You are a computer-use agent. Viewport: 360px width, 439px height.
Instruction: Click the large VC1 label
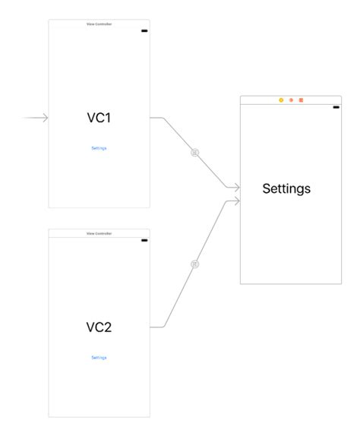99,118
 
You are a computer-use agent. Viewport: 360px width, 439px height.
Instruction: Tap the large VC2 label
99,327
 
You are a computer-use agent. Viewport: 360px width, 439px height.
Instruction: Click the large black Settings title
286,188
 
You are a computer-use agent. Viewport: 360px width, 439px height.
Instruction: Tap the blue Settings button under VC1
99,148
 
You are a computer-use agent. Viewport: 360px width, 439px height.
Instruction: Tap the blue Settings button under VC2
99,357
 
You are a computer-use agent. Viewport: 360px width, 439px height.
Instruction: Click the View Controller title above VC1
99,24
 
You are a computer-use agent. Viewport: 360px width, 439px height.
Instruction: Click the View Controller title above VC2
99,233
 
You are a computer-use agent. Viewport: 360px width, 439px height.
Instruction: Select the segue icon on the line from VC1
195,153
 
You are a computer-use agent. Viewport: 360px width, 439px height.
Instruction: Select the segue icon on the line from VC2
195,264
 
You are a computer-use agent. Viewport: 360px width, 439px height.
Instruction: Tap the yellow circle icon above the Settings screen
281,100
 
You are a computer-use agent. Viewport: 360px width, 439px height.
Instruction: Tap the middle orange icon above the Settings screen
291,100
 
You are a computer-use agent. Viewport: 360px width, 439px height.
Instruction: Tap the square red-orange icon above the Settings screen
301,100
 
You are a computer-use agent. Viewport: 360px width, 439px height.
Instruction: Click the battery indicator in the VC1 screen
144,31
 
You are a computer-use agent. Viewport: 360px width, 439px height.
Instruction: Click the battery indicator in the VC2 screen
144,240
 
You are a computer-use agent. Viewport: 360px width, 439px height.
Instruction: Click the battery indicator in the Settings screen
336,107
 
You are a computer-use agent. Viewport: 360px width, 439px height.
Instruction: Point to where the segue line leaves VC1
152,118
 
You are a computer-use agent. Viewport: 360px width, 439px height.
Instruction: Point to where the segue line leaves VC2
152,327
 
